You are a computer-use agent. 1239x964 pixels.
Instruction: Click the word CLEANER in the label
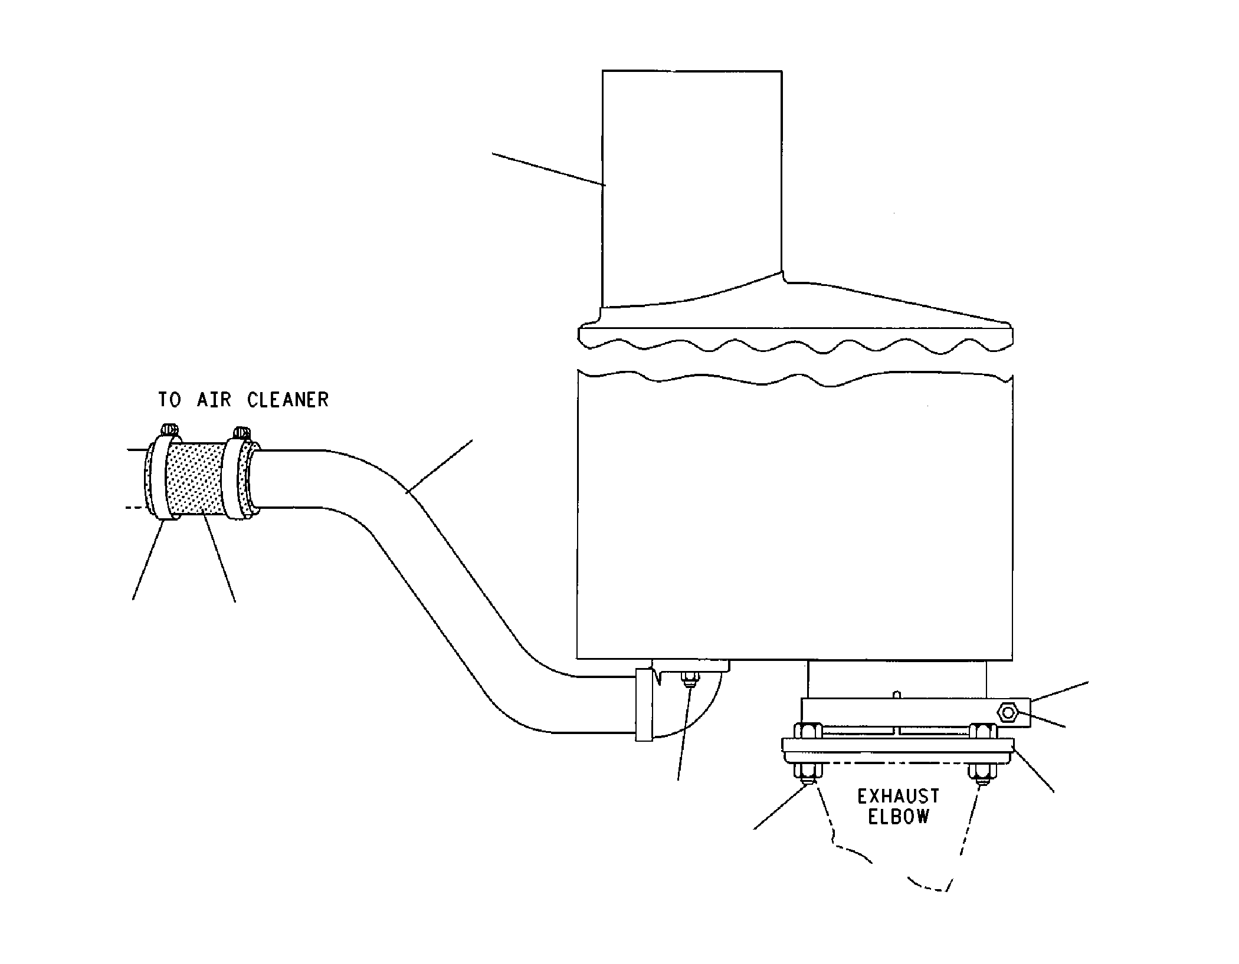pos(288,400)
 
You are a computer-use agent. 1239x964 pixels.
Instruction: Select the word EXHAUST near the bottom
pos(898,797)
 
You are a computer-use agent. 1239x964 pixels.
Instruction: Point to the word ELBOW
pos(899,817)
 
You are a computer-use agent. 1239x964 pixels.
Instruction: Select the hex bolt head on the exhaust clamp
pos(1008,713)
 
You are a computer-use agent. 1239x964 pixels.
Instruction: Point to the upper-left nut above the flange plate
pos(808,731)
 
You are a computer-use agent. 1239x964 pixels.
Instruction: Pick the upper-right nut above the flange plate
pos(983,731)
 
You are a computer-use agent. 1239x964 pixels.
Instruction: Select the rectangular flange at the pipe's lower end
pos(644,705)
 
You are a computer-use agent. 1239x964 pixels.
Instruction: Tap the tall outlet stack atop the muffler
pos(692,189)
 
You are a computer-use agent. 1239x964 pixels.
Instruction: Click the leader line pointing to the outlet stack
pos(549,169)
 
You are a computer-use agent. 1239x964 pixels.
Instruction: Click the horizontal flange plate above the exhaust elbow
pos(898,751)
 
